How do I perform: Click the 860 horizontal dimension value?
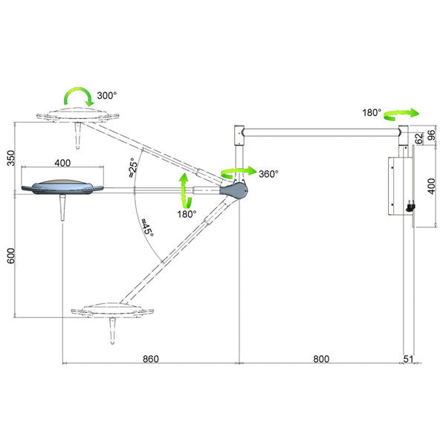coord(150,359)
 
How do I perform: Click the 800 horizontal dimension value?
coord(321,359)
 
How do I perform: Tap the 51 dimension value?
coord(408,359)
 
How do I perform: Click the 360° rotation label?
coord(268,174)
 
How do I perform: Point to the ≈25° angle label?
coord(133,168)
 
